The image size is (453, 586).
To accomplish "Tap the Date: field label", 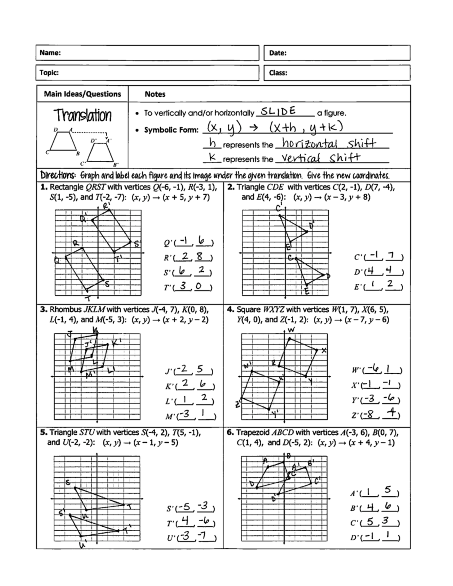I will (277, 53).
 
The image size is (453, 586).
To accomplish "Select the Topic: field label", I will (49, 72).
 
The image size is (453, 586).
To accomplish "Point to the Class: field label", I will (278, 73).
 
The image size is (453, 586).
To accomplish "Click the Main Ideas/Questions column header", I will (82, 94).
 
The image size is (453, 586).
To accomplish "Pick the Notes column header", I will (155, 94).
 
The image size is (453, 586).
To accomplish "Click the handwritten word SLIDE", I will (278, 111).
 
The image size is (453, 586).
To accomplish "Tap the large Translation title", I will (82, 115).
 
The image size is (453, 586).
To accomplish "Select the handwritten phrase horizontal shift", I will (329, 143).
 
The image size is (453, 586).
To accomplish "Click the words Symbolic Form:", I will (171, 130).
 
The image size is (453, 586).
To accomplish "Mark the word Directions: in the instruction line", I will (58, 175).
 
